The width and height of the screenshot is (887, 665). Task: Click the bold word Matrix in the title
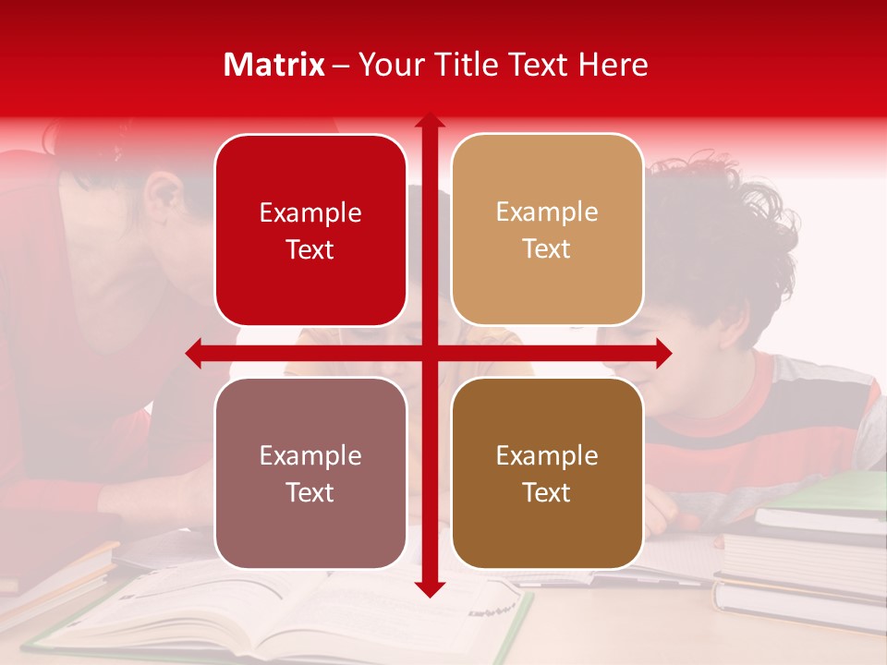[x=274, y=65]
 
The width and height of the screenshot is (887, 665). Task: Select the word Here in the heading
[x=613, y=65]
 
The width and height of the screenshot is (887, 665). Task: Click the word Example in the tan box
[x=547, y=212]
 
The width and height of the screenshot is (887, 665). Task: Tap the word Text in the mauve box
[x=310, y=492]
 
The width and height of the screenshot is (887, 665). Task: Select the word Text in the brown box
[x=546, y=492]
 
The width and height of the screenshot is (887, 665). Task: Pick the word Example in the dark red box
[x=310, y=213]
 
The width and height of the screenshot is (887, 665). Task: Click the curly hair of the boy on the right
[x=730, y=231]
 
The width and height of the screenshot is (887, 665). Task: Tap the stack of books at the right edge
[x=804, y=554]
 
